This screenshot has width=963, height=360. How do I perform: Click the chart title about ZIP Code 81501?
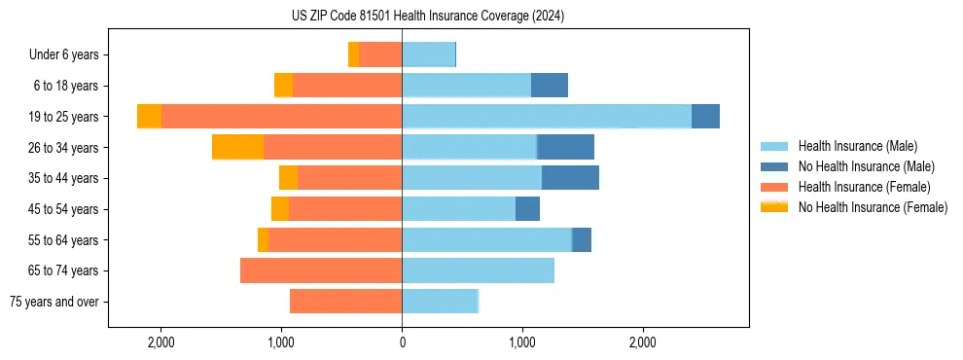pyautogui.click(x=427, y=17)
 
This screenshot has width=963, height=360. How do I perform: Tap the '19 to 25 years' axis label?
pyautogui.click(x=63, y=117)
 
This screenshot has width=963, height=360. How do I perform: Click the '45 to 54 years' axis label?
pyautogui.click(x=63, y=209)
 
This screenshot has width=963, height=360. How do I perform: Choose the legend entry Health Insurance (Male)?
pyautogui.click(x=857, y=146)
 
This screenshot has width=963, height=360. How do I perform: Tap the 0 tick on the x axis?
pyautogui.click(x=402, y=342)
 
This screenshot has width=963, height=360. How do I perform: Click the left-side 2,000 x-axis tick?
pyautogui.click(x=160, y=342)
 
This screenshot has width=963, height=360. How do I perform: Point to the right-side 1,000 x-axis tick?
pyautogui.click(x=522, y=342)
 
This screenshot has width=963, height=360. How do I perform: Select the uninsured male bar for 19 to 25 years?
pyautogui.click(x=705, y=117)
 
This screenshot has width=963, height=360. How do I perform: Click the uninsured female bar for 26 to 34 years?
pyautogui.click(x=237, y=147)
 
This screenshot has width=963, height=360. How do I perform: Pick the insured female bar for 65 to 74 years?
pyautogui.click(x=321, y=270)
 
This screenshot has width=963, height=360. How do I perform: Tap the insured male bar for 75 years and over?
pyautogui.click(x=440, y=302)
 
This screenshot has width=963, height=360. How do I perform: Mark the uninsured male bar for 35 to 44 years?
pyautogui.click(x=570, y=178)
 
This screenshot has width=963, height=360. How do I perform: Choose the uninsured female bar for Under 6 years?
pyautogui.click(x=353, y=55)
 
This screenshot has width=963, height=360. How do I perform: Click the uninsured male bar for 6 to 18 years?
pyautogui.click(x=550, y=86)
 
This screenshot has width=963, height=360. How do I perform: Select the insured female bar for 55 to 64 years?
pyautogui.click(x=335, y=240)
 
